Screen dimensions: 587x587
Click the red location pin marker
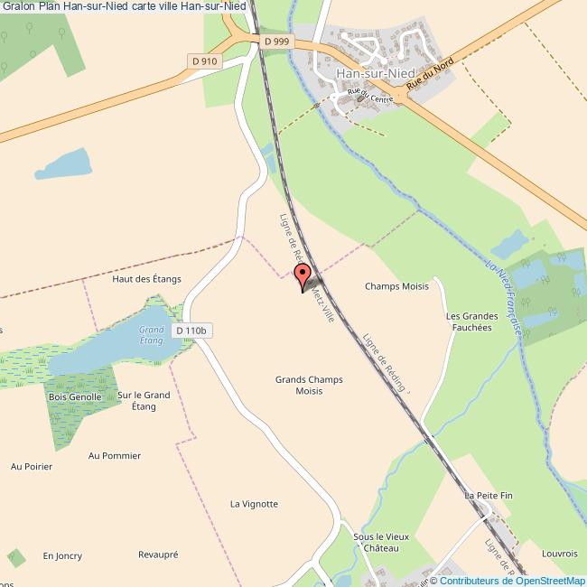click(303, 277)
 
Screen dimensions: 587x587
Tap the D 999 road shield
click(277, 42)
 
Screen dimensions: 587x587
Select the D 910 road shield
click(205, 61)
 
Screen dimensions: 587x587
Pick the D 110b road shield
click(192, 331)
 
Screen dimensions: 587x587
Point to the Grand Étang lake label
click(151, 334)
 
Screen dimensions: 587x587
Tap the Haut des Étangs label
click(146, 279)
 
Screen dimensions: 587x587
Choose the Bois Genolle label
click(74, 397)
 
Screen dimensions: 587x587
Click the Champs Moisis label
click(396, 286)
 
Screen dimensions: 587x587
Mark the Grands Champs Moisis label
click(309, 386)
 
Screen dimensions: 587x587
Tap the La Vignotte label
click(254, 504)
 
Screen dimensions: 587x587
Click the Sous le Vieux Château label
click(381, 542)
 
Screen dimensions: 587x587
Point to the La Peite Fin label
click(489, 496)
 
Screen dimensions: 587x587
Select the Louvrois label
click(560, 552)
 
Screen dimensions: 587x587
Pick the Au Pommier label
click(115, 456)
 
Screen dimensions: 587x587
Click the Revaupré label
click(159, 554)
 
